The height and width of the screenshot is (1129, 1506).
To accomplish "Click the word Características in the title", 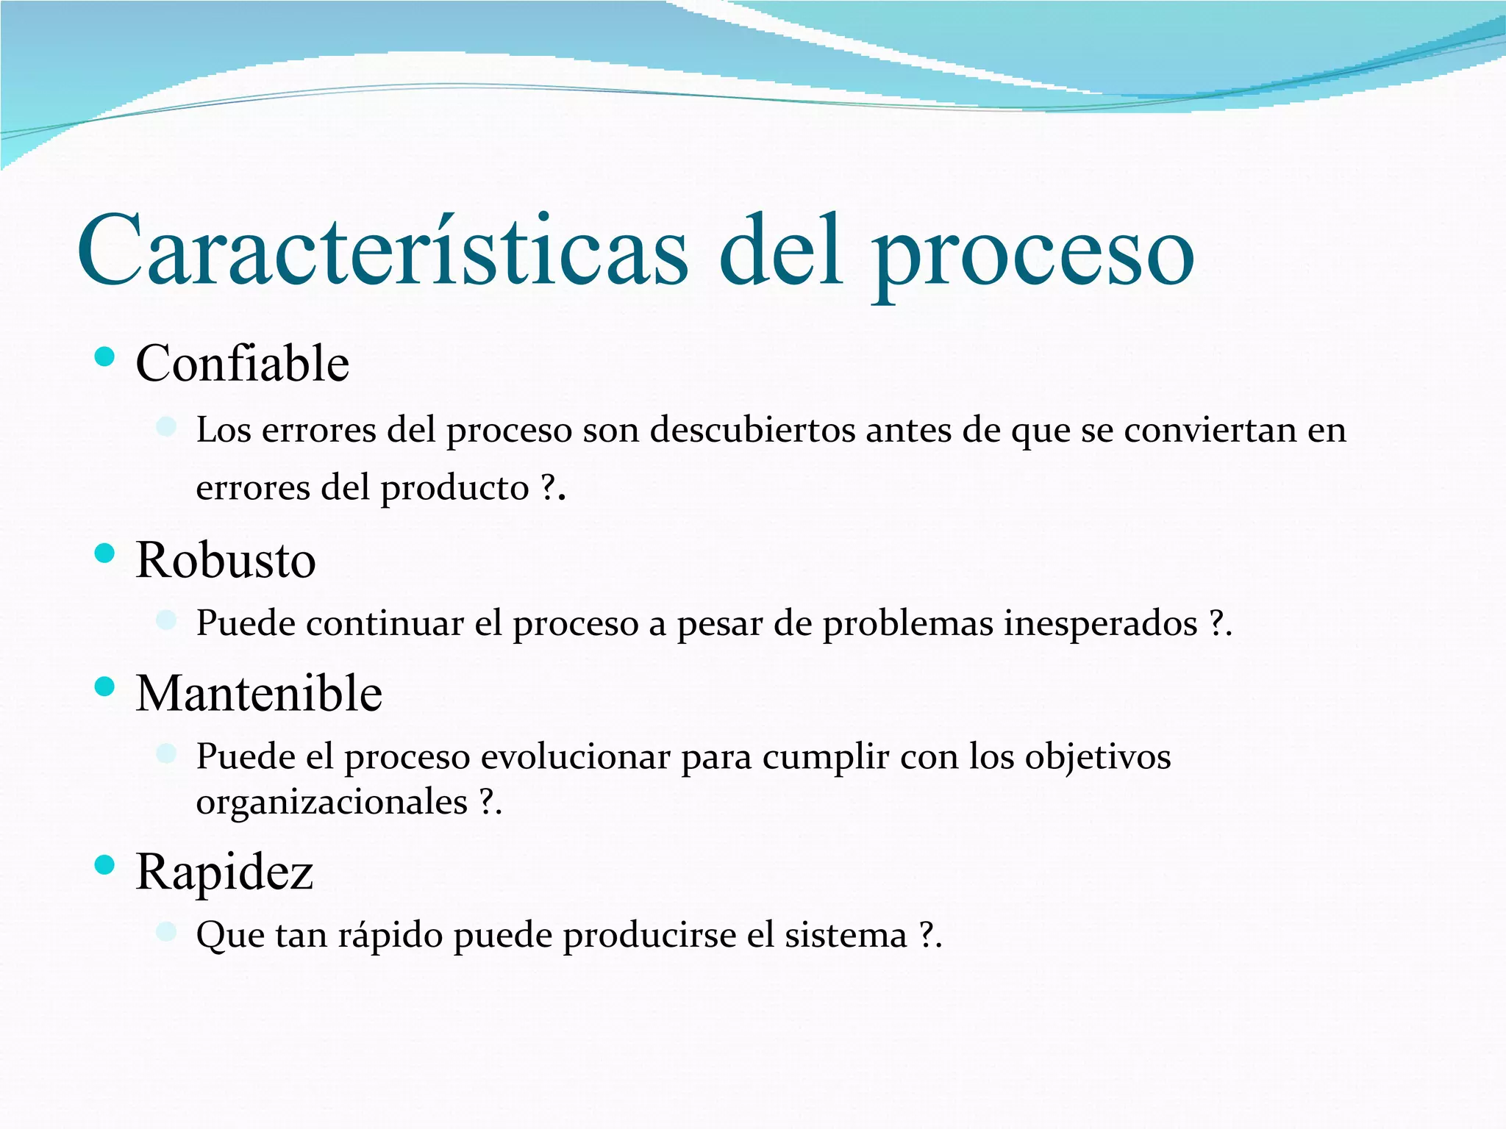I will click(x=382, y=250).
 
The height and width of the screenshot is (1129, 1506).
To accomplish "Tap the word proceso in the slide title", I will click(x=1032, y=254).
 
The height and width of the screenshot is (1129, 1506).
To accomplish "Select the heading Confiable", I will click(x=242, y=363).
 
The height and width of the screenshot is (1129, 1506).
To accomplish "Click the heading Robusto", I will click(x=226, y=560).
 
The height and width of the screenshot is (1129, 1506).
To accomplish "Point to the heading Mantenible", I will click(x=259, y=693).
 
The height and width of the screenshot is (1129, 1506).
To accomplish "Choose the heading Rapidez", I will click(x=224, y=872).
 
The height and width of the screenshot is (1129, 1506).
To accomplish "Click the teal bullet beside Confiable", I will click(x=105, y=357).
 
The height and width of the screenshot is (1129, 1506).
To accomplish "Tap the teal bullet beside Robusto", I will click(x=105, y=553).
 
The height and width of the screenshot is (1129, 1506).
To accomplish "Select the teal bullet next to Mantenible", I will click(x=105, y=687).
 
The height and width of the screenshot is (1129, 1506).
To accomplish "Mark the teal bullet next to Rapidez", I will click(x=105, y=865).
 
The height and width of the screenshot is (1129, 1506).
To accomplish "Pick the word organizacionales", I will click(x=332, y=802).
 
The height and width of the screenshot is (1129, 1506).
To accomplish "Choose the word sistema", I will click(x=846, y=936).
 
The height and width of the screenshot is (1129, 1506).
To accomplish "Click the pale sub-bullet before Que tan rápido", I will click(x=166, y=931).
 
